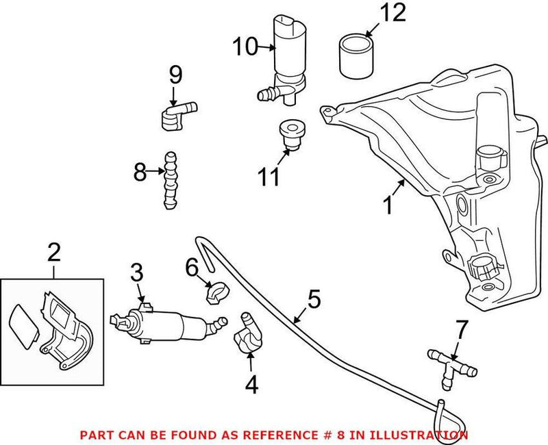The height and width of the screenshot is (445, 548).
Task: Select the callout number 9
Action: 175,73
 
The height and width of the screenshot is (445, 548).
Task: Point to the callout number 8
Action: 140,173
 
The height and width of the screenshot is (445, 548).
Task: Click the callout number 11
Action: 269,177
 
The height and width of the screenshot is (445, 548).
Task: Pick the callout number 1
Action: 388,205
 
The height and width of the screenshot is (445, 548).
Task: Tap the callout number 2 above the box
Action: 54,253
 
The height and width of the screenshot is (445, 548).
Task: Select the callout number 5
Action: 314,298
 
